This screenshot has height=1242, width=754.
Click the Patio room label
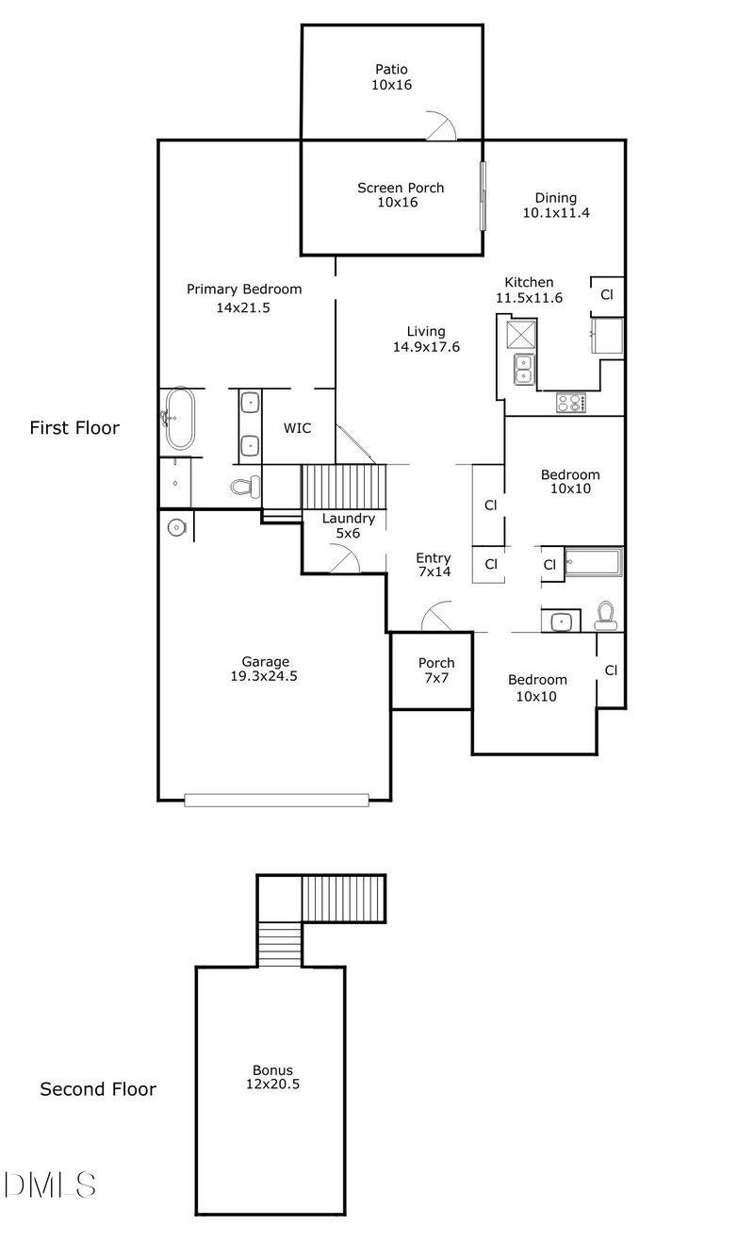point(391,69)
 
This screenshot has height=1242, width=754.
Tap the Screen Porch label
point(400,188)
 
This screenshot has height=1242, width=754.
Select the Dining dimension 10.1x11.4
point(556,213)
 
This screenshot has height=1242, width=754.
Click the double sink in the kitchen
point(522,369)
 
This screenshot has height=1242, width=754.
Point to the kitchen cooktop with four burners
point(570,403)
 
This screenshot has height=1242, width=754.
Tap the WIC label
point(297,428)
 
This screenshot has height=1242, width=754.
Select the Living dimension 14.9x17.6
point(425,347)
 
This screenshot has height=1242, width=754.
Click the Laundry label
point(349,519)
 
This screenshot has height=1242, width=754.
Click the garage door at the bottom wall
point(276,800)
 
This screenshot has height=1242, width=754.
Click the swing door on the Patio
point(440,126)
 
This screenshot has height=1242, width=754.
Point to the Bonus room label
point(272,1070)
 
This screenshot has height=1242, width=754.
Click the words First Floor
point(74,428)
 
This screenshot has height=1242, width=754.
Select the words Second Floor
point(98,1089)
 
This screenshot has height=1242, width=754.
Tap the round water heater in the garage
point(176,526)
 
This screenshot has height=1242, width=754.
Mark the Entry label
point(434,558)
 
